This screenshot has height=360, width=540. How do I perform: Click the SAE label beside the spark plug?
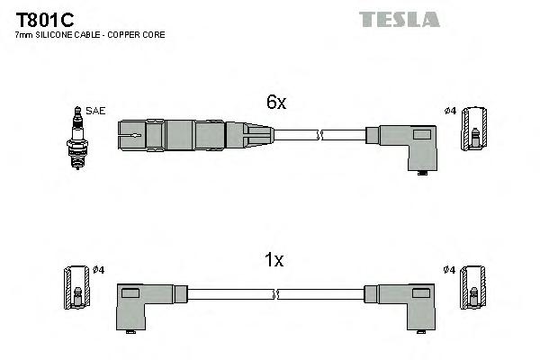tap(96, 111)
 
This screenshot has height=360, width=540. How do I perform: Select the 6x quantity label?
tap(275, 103)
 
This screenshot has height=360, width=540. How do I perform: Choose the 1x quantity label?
tap(274, 260)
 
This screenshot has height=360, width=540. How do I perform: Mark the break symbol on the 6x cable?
tap(319, 136)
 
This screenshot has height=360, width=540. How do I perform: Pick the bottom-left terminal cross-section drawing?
tap(76, 287)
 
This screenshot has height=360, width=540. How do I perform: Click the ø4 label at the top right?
tap(451, 111)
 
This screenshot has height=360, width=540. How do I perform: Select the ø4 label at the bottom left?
tap(98, 269)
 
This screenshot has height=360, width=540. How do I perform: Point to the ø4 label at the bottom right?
tap(450, 269)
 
